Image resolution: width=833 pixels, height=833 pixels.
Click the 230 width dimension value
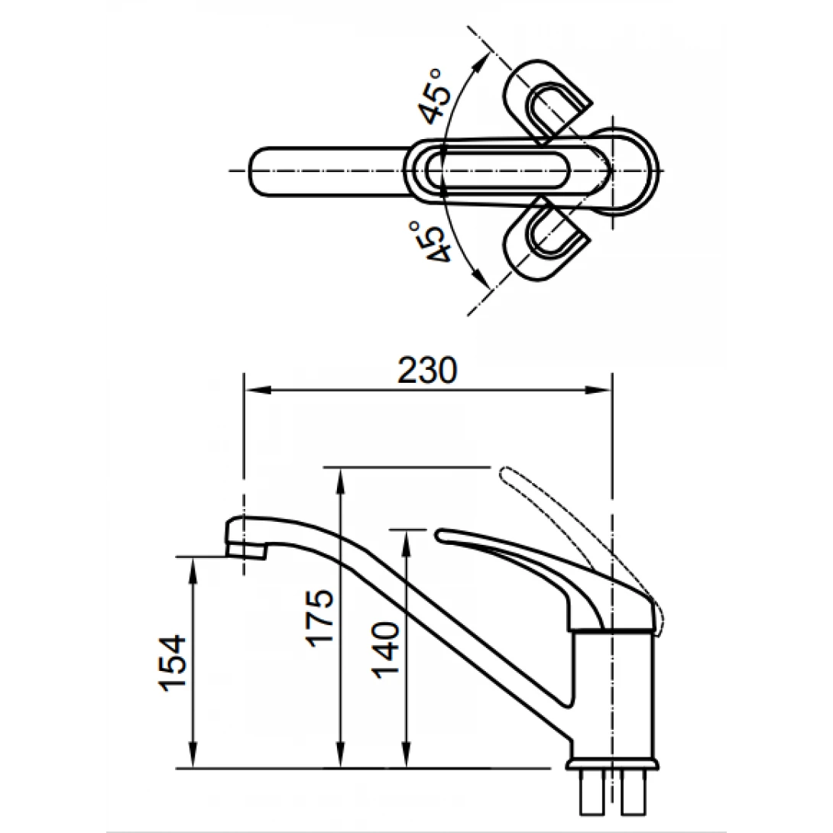[426, 371]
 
